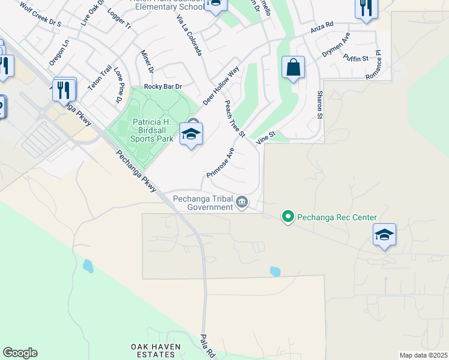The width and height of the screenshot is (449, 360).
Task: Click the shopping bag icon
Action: [293, 68]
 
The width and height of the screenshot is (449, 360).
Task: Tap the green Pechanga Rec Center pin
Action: [288, 217]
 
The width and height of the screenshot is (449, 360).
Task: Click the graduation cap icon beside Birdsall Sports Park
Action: [191, 134]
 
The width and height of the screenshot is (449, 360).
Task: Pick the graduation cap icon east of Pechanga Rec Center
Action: [384, 235]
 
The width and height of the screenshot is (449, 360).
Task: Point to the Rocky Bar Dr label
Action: [162, 87]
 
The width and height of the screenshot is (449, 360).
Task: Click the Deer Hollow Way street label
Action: [221, 86]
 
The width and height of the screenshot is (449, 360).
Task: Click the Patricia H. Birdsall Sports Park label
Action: [152, 130]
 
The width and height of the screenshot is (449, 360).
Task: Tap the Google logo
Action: [20, 353]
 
